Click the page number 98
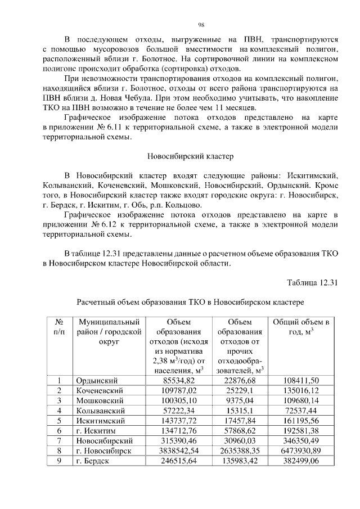(x=201, y=24)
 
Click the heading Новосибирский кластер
(x=190, y=155)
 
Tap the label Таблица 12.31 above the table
(x=312, y=282)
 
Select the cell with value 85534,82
(x=178, y=380)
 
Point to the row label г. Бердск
(x=93, y=461)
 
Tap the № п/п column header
(x=59, y=328)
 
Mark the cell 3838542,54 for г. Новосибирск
(x=178, y=451)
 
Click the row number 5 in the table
(x=59, y=421)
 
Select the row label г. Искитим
(x=95, y=431)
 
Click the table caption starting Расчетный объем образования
(x=190, y=302)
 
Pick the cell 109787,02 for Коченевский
(x=178, y=390)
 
